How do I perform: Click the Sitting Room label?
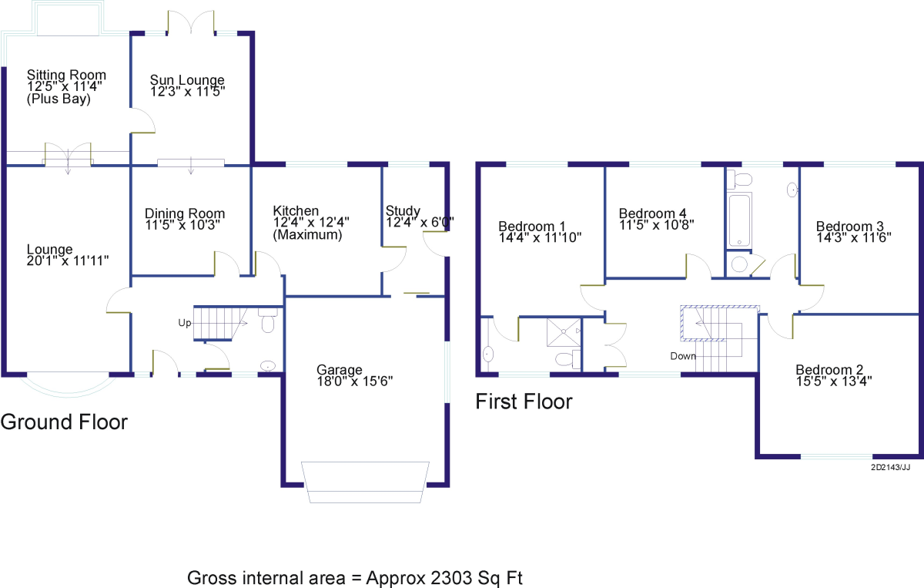pyautogui.click(x=66, y=76)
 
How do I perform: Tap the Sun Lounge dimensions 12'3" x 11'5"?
pyautogui.click(x=188, y=91)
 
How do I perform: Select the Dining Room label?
pyautogui.click(x=185, y=213)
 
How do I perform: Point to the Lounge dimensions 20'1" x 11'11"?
pyautogui.click(x=68, y=260)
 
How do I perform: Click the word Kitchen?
pyautogui.click(x=296, y=210)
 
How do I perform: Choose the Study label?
pyautogui.click(x=403, y=211)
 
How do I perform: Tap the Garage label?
pyautogui.click(x=340, y=370)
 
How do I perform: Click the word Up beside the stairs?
pyautogui.click(x=184, y=323)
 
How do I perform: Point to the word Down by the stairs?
pyautogui.click(x=683, y=356)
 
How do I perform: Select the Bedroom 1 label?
pyautogui.click(x=532, y=227)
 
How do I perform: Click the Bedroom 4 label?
pyautogui.click(x=653, y=213)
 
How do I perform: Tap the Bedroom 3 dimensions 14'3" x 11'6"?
pyautogui.click(x=854, y=237)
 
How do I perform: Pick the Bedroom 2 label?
pyautogui.click(x=829, y=370)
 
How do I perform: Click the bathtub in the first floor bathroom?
pyautogui.click(x=740, y=220)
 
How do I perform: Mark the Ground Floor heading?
pyautogui.click(x=64, y=422)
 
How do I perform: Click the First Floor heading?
pyautogui.click(x=524, y=402)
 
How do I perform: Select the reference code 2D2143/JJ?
pyautogui.click(x=891, y=468)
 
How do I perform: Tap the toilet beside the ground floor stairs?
pyautogui.click(x=268, y=320)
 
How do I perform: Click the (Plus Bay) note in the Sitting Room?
pyautogui.click(x=59, y=99)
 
